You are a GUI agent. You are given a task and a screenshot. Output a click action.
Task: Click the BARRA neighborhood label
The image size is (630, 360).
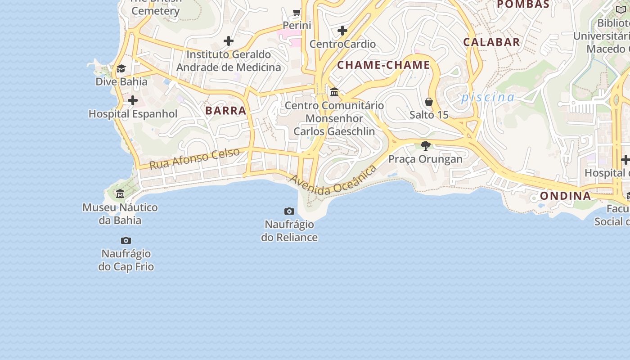226,111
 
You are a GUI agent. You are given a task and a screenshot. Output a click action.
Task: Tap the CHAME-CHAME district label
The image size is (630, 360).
384,65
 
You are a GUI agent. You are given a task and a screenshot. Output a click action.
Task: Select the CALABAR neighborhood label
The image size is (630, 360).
492,42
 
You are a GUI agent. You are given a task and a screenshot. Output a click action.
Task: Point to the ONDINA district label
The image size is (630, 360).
566,196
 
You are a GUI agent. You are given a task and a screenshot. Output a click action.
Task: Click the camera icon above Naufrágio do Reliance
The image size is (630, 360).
289,211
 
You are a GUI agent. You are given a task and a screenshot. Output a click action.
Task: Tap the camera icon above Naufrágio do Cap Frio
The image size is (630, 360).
126,241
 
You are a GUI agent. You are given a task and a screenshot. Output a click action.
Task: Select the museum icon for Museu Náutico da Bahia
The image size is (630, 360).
120,194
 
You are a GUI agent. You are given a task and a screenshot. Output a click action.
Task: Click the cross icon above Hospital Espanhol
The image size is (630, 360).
133,100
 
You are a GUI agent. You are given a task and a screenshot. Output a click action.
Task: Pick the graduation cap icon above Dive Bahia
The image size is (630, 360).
121,68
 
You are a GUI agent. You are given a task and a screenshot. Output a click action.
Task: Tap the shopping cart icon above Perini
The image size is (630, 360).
297,13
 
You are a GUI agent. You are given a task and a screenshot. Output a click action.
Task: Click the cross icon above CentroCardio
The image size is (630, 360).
342,31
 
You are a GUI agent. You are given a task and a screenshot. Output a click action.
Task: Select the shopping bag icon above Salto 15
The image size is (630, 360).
429,102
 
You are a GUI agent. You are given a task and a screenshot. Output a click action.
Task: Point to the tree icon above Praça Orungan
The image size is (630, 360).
425,145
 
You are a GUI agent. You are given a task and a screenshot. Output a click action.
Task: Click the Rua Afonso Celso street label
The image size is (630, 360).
194,159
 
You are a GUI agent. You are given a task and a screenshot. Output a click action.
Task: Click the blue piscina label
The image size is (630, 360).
488,97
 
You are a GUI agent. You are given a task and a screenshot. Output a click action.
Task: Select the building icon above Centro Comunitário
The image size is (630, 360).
334,92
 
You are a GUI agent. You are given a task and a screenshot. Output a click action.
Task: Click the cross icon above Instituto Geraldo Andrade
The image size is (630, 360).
229,41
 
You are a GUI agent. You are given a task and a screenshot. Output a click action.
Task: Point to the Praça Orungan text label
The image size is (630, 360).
425,159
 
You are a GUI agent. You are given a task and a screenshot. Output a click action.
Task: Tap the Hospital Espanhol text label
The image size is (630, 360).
133,114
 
